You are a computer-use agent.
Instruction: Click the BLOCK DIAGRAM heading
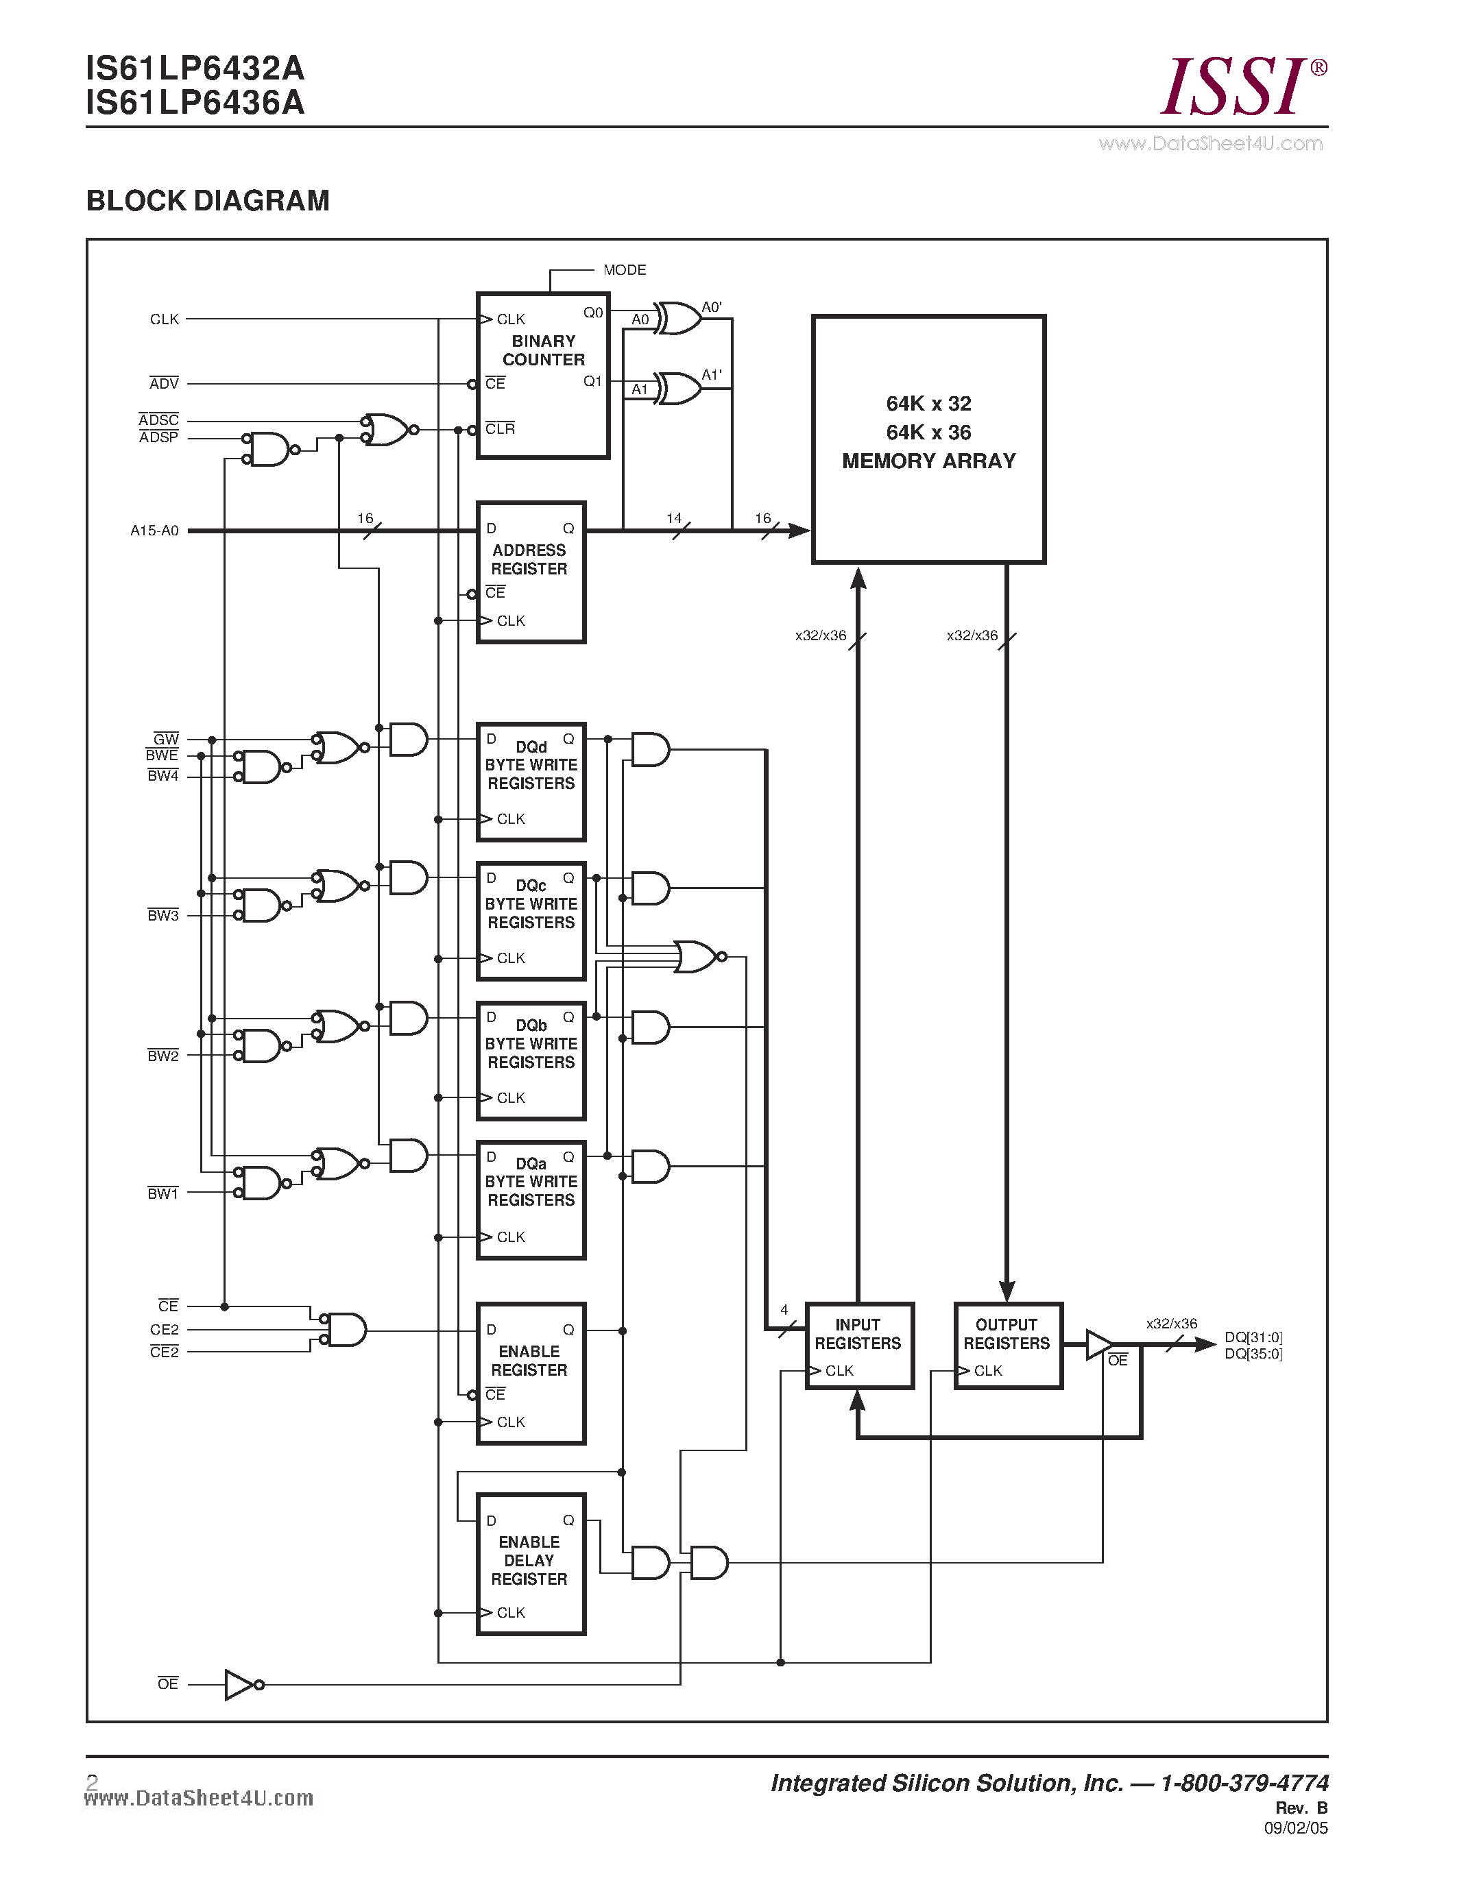207,201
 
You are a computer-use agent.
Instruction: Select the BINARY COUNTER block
543,376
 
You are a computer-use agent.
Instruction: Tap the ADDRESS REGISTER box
531,572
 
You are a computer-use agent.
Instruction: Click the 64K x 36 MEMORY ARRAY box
928,439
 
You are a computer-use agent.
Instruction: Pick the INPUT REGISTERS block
858,1346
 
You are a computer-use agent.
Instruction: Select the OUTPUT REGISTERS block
1007,1346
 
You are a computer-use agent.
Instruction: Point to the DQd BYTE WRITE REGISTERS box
531,781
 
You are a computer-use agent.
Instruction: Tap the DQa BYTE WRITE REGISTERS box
531,1199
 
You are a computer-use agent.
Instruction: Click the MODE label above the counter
624,270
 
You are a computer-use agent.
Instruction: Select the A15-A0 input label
154,531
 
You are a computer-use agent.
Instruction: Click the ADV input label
163,383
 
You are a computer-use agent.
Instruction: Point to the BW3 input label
162,916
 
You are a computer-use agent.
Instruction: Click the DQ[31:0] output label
1253,1337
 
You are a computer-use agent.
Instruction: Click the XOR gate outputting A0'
678,319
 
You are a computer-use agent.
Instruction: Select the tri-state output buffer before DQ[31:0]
1098,1345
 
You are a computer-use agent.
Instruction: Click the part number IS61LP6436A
195,103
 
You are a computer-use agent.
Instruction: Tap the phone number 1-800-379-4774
1244,1782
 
